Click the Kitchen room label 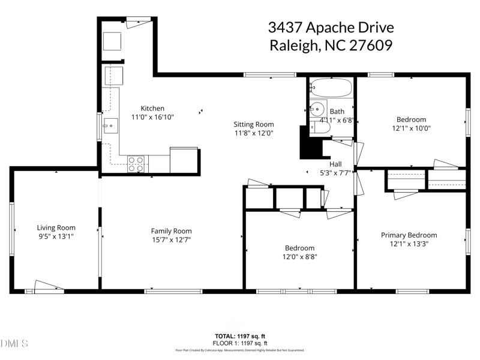[x=152, y=109]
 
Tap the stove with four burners [x=136, y=164]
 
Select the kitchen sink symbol [x=110, y=124]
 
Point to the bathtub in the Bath [x=331, y=89]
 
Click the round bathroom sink [x=317, y=110]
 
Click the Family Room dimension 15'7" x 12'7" [x=171, y=240]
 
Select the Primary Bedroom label [x=409, y=235]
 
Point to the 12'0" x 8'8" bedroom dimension [x=299, y=257]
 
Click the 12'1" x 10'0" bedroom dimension [x=411, y=128]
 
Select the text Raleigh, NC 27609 [x=330, y=46]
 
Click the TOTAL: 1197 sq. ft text [x=240, y=335]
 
